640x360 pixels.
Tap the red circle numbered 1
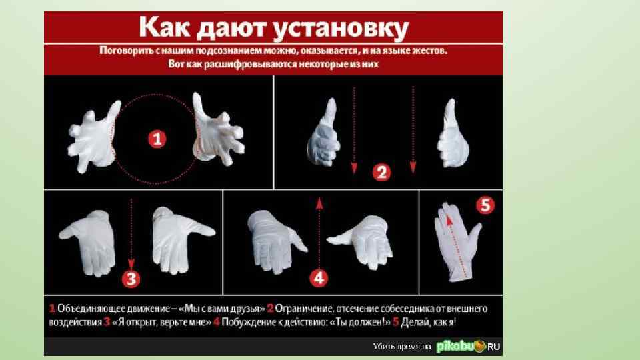[157, 139]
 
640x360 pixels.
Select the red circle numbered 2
[381, 172]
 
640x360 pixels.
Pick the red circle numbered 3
[131, 279]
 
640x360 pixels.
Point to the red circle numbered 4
[319, 278]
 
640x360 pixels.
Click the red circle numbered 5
[485, 205]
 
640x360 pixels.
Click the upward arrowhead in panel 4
[319, 204]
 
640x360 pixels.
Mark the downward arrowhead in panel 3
[131, 263]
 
